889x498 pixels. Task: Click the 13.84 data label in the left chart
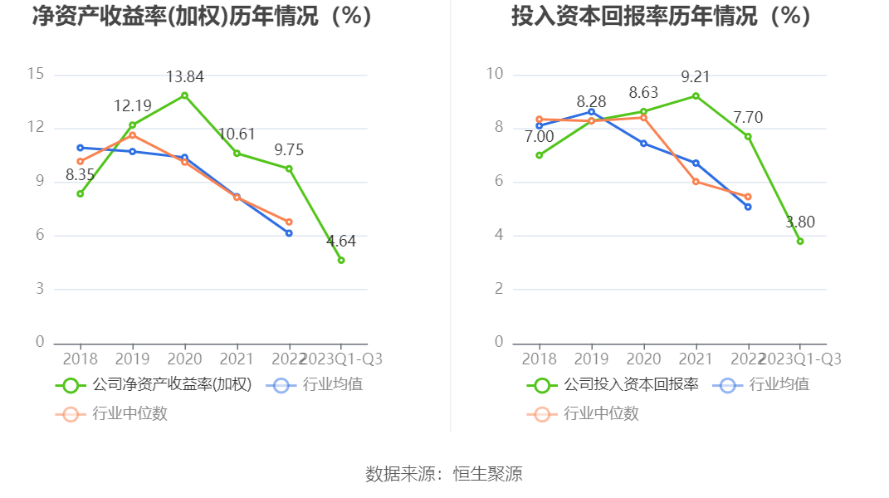184,77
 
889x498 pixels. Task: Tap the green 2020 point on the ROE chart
184,95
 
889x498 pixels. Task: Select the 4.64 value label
341,242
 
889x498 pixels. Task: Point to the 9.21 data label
696,77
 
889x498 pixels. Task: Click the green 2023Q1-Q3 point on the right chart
800,242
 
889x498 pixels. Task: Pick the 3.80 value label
800,222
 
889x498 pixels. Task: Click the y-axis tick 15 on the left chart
36,75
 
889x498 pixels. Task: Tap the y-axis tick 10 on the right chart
495,75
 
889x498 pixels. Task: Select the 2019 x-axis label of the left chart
132,359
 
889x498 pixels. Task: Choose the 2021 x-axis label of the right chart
696,359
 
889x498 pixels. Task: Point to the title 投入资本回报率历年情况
661,17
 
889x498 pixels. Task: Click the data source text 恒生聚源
487,474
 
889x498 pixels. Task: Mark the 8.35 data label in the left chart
81,175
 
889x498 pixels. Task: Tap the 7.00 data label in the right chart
540,137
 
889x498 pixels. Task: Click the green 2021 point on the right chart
696,96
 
